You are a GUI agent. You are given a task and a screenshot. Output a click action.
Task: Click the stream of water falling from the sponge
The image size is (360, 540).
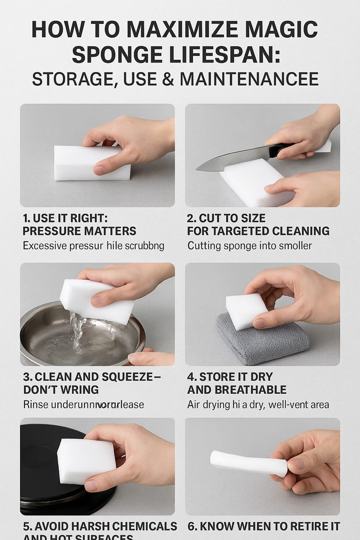click(x=78, y=334)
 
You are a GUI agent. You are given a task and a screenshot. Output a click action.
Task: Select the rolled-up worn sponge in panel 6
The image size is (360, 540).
click(x=248, y=463)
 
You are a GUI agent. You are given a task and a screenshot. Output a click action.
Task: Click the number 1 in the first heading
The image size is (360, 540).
click(x=26, y=219)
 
